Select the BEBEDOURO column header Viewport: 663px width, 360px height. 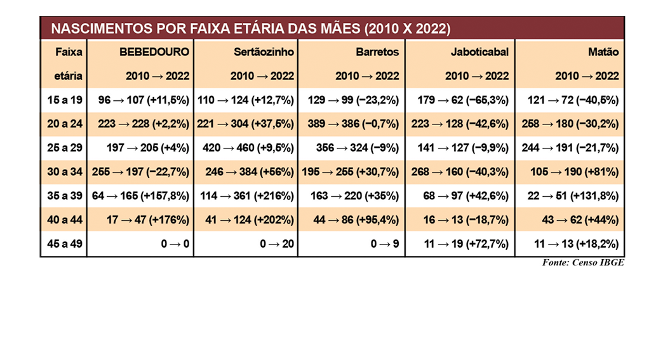point(154,52)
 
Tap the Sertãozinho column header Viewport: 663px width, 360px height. point(264,52)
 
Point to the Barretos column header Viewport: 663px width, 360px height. point(377,52)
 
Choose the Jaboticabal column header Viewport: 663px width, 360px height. point(479,52)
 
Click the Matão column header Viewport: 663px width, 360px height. point(603,52)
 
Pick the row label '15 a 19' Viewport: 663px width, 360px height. point(65,100)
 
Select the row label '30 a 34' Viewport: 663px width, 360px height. point(65,172)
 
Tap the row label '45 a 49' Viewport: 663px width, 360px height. point(65,244)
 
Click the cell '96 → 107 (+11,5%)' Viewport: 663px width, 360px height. point(144,100)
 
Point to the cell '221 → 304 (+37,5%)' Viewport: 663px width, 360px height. point(245,124)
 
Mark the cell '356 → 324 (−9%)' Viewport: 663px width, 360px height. point(358,148)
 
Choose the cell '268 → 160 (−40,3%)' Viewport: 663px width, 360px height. point(460,172)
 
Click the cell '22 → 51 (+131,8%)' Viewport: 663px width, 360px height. point(573,196)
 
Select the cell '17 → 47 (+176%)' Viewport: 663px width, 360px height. point(148,220)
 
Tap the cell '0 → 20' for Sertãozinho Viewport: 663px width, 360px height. point(277,244)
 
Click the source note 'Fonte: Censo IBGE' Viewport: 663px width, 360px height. point(583,262)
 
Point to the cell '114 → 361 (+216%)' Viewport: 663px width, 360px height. point(247,196)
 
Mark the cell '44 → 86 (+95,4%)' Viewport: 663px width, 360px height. point(356,220)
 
